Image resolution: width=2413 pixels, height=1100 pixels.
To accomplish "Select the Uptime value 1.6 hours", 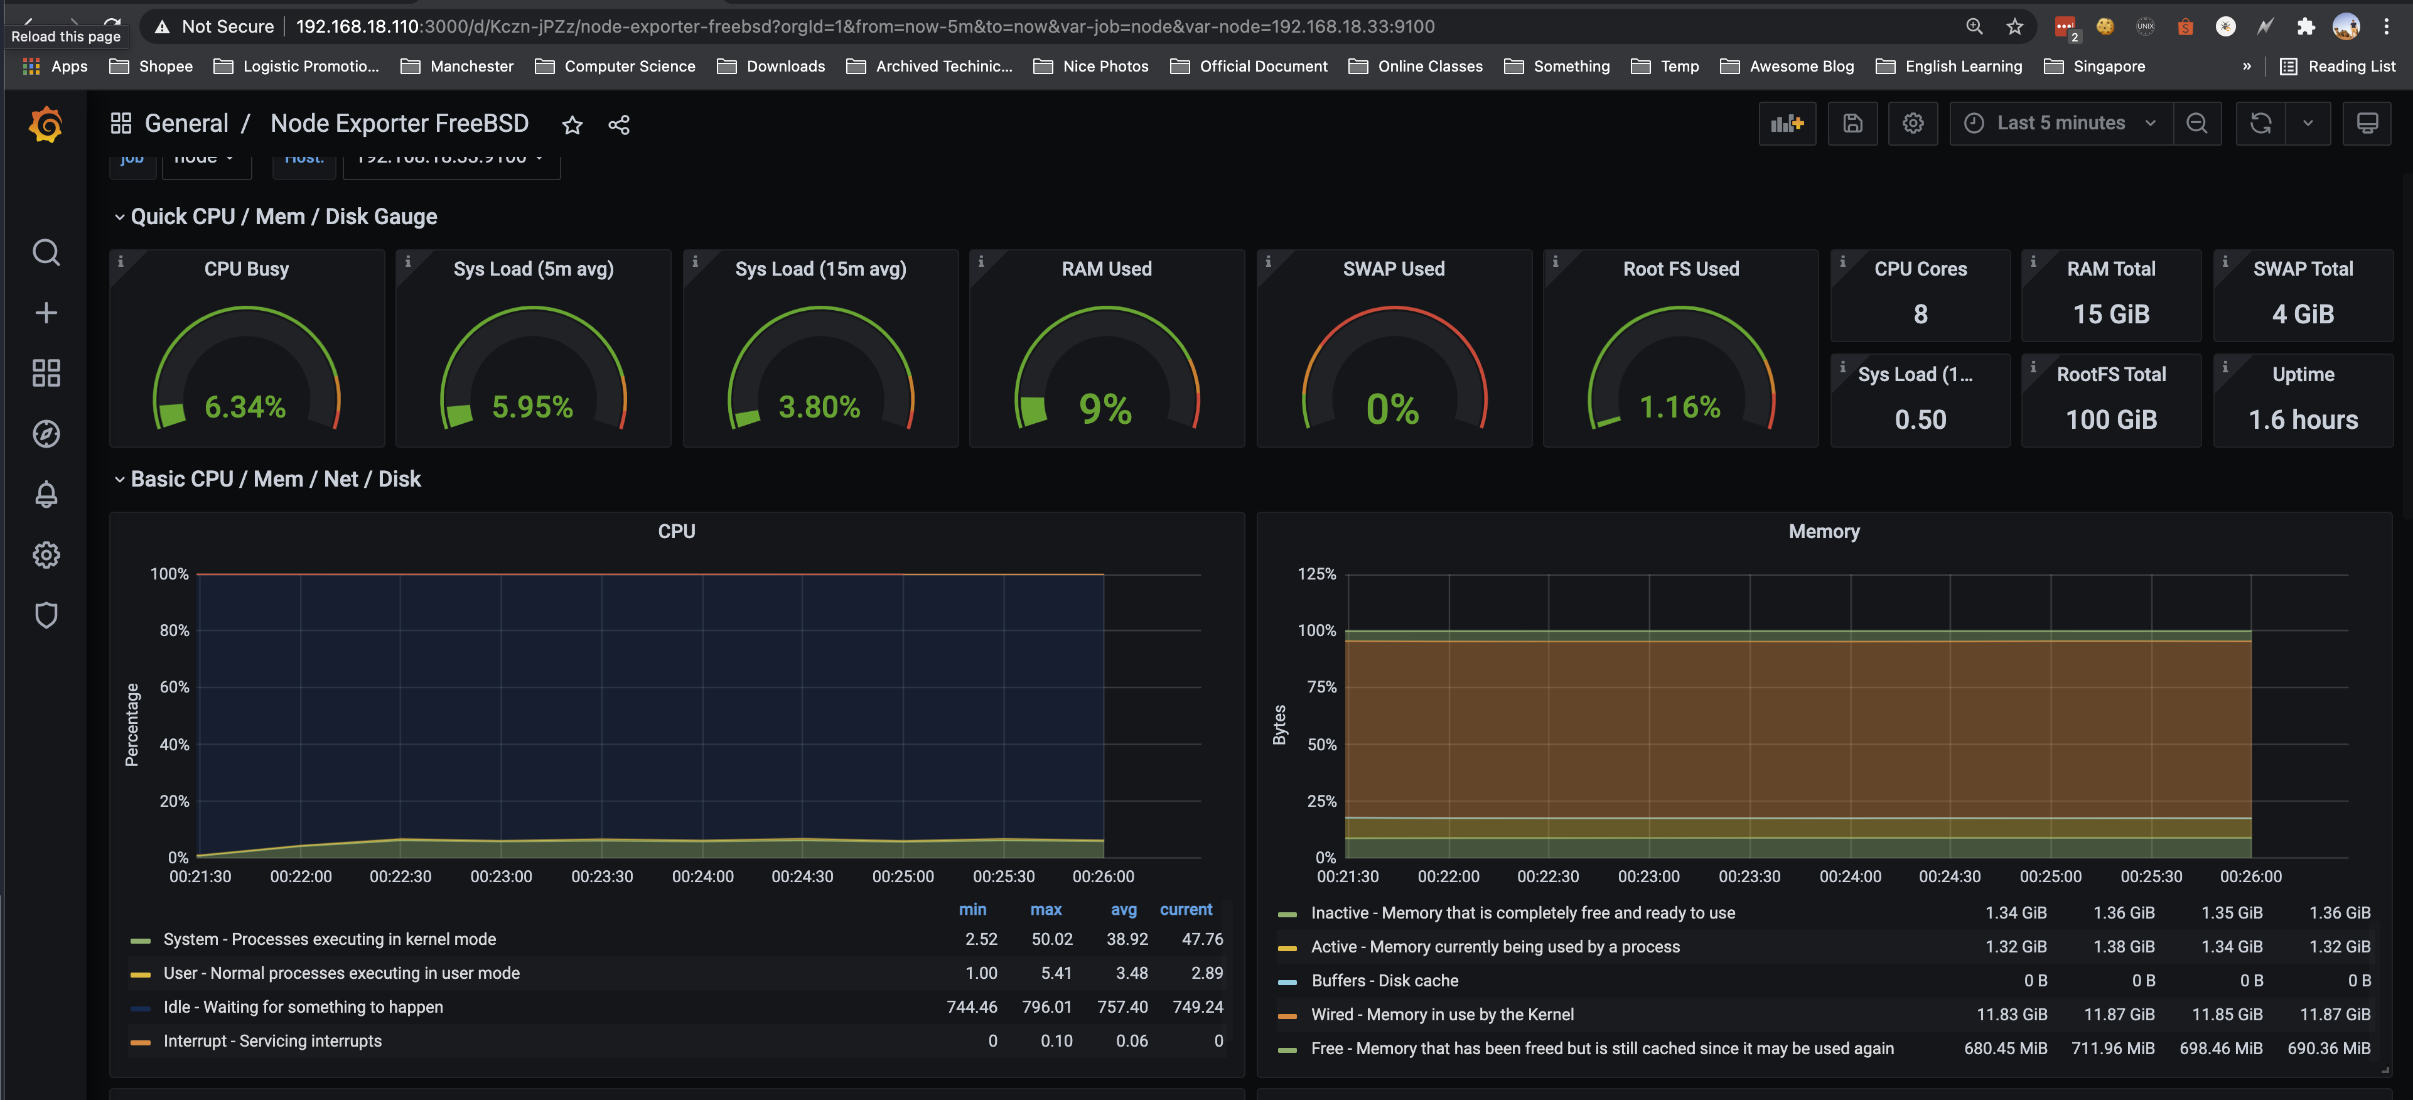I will point(2303,420).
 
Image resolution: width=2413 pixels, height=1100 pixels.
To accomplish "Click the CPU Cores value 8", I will point(1920,314).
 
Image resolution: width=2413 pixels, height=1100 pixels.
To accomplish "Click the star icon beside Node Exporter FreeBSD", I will point(572,124).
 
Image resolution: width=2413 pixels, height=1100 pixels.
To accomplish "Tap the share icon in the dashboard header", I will point(618,124).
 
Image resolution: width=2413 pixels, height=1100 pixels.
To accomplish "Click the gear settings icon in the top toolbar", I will point(1913,122).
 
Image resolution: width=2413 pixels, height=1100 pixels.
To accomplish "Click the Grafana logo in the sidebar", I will point(46,124).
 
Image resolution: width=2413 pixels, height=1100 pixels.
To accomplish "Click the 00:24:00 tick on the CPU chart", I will point(702,876).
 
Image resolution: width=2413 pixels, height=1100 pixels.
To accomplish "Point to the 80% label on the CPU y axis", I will point(175,630).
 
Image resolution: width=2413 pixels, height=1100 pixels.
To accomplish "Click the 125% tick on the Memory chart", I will point(1316,573).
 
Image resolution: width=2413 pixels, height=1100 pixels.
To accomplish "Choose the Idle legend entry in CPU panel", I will point(303,1007).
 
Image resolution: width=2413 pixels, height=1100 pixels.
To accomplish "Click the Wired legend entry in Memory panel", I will point(1442,1015).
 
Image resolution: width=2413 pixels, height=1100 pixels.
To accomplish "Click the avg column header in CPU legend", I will point(1123,909).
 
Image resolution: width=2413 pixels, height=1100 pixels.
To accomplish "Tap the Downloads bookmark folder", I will point(784,67).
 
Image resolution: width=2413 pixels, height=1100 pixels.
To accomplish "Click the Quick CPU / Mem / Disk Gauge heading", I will point(284,217).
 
